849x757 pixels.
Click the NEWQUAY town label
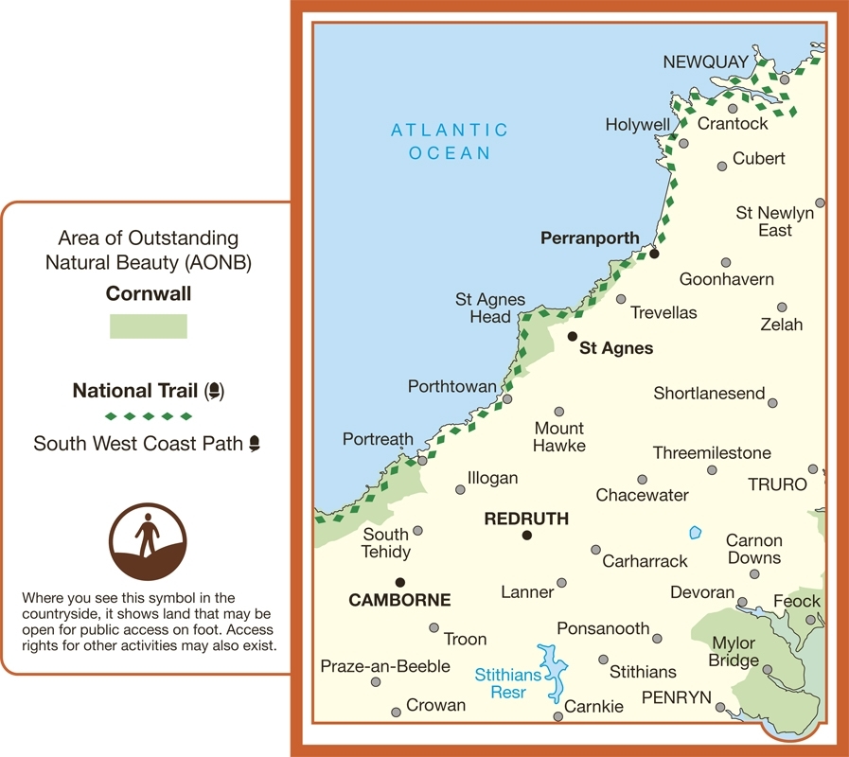pyautogui.click(x=705, y=62)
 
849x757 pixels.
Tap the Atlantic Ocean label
pyautogui.click(x=450, y=141)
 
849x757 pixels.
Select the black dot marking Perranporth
pyautogui.click(x=654, y=253)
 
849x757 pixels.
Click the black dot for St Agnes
pyautogui.click(x=572, y=336)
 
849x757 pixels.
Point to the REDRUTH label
pyautogui.click(x=526, y=519)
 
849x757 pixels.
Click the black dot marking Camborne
pyautogui.click(x=400, y=582)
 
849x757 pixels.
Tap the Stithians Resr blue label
pyautogui.click(x=507, y=683)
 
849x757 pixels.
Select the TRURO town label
pyautogui.click(x=777, y=484)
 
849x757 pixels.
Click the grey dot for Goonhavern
pyautogui.click(x=726, y=262)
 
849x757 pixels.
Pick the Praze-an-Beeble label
pyautogui.click(x=385, y=666)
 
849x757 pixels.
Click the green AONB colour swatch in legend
pyautogui.click(x=149, y=326)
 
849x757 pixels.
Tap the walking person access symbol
pyautogui.click(x=148, y=541)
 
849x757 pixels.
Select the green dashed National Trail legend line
pyautogui.click(x=149, y=416)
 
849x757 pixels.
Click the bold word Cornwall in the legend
pyautogui.click(x=149, y=293)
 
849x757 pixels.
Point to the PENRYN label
pyautogui.click(x=676, y=697)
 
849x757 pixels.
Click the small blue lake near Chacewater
pyautogui.click(x=696, y=533)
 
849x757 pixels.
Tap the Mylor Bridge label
pyautogui.click(x=734, y=652)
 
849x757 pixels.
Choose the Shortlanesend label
pyautogui.click(x=709, y=393)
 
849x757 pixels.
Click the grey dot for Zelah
pyautogui.click(x=782, y=308)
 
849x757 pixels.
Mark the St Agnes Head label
pyautogui.click(x=490, y=308)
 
